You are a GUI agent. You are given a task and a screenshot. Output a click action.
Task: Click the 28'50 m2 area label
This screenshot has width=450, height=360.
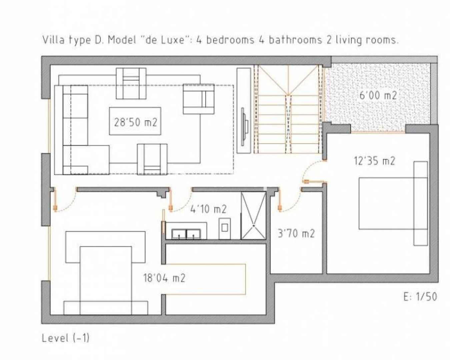point(136,122)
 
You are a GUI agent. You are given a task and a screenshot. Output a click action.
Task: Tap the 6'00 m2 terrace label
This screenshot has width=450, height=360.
point(378,95)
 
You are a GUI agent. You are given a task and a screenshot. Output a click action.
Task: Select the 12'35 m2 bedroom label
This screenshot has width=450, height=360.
point(374,161)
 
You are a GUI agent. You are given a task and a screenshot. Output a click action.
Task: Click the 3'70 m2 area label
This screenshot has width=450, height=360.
point(296,233)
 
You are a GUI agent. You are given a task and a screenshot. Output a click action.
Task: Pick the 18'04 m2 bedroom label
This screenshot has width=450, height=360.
point(164,278)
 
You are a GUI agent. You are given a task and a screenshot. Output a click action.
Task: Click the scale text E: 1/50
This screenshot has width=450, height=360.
point(420,297)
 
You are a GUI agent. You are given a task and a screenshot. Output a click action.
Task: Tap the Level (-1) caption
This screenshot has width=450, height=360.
point(66,338)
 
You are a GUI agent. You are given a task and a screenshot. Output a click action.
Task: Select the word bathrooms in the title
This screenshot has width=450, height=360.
point(295,40)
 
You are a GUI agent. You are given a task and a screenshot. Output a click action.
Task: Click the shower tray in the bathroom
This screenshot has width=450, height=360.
point(253,216)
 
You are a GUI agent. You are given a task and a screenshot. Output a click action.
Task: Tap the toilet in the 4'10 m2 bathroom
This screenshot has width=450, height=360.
point(225,229)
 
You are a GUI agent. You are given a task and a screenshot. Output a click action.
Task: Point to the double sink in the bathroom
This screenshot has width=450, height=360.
point(186,234)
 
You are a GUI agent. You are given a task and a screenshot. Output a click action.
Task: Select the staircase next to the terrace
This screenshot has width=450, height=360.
point(288,109)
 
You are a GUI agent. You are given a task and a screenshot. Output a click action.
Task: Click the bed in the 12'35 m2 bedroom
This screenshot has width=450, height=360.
point(393,203)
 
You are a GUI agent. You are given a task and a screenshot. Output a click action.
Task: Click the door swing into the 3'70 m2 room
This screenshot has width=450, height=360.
point(290,200)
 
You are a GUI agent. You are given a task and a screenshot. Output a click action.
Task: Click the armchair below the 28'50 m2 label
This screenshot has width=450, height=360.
point(152,159)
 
